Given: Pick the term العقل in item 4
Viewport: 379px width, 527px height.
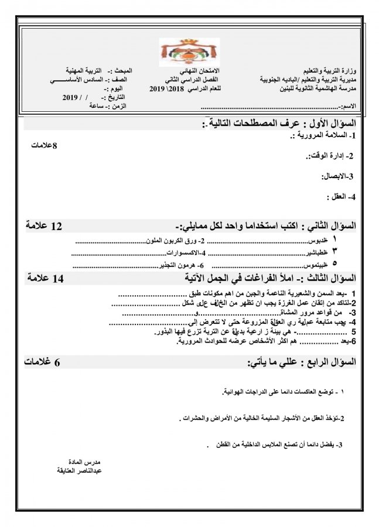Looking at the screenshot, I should coord(339,196).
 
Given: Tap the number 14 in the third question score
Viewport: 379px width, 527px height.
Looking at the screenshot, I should coord(57,278).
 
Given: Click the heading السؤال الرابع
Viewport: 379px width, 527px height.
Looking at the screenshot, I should coord(331,363).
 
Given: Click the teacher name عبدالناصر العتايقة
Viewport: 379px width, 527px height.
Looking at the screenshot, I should coord(78,470).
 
